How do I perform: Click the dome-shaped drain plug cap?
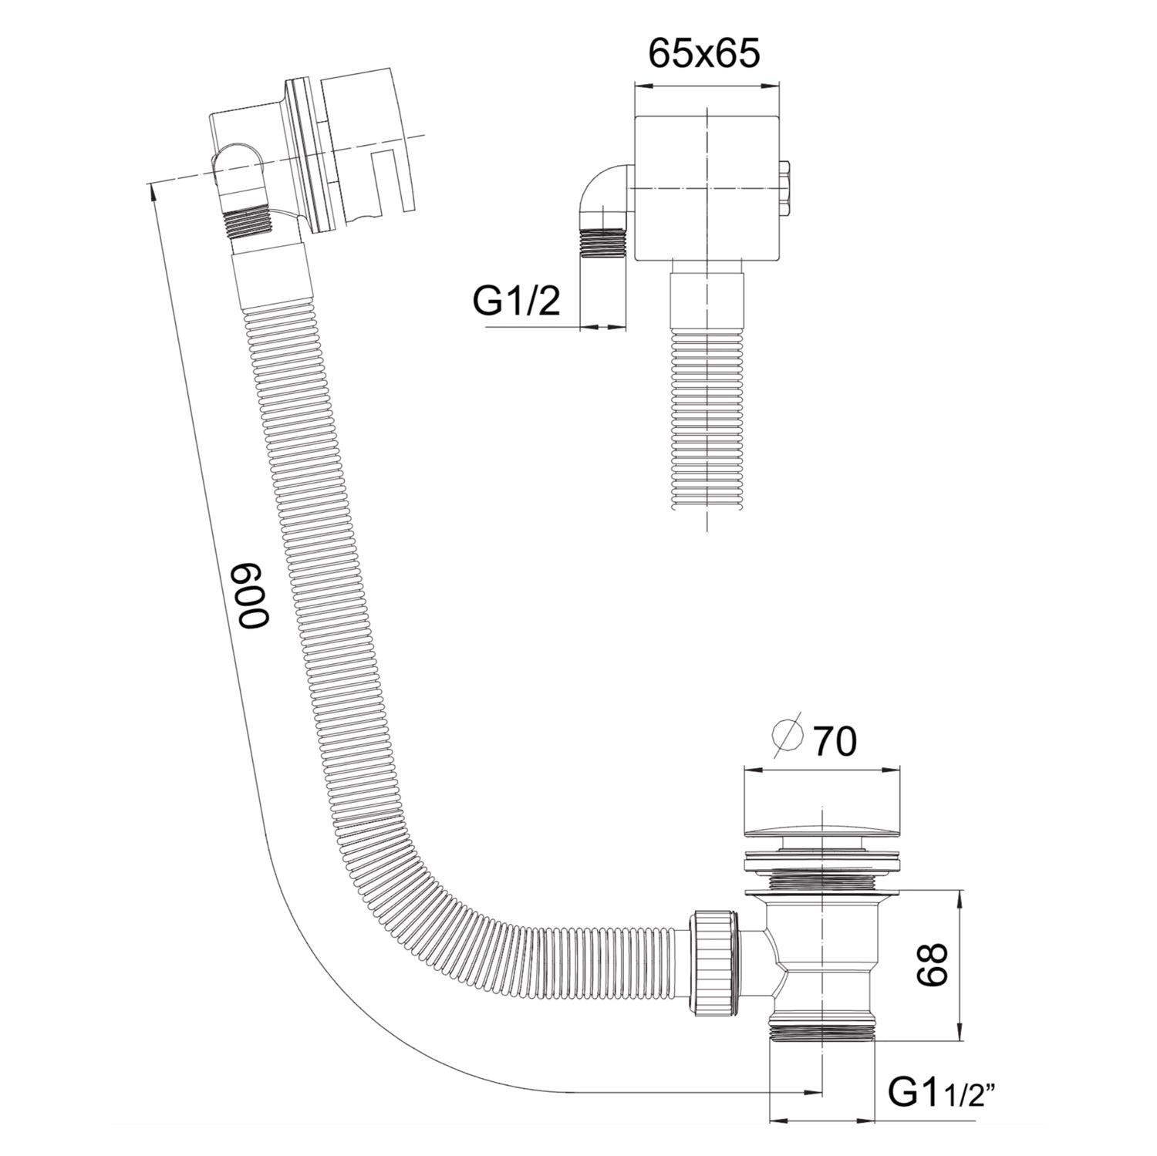(x=821, y=836)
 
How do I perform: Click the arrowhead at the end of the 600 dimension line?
(x=811, y=1091)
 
